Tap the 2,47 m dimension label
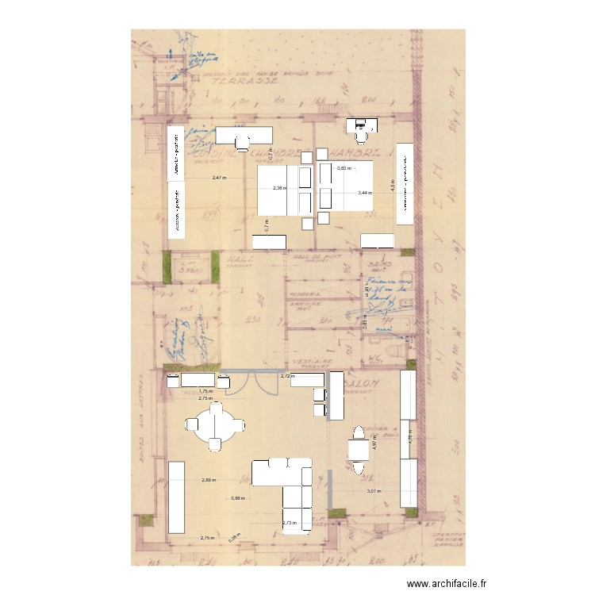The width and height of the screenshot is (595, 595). click(x=218, y=178)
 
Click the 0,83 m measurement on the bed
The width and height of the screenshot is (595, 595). click(x=343, y=168)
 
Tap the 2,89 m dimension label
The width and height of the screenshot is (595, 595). click(x=208, y=480)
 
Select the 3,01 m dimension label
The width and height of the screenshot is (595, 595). click(x=373, y=491)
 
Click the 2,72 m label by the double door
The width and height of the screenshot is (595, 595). click(x=287, y=376)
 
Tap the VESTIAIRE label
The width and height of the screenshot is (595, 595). click(x=309, y=359)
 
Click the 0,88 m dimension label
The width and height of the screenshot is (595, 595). click(x=237, y=498)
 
